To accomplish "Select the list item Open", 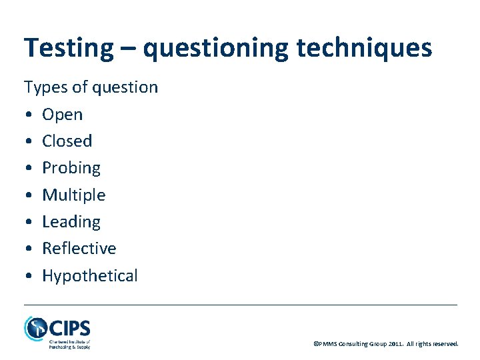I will [x=63, y=115].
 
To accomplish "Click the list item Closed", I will [x=67, y=141].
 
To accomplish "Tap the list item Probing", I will [x=71, y=168].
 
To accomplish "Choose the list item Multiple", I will [x=73, y=195].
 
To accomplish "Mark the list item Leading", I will [x=71, y=221].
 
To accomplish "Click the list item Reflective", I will [x=79, y=248].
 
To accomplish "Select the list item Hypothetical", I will [x=89, y=275].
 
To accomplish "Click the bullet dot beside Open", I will [x=29, y=115].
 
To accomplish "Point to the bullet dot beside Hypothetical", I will [x=29, y=275].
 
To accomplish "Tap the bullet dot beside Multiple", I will [x=29, y=195].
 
